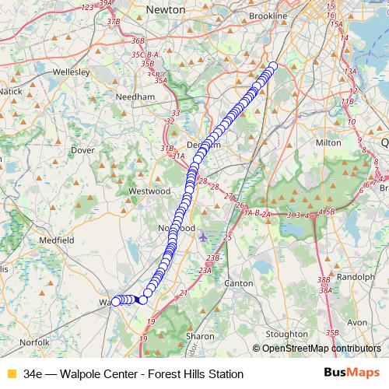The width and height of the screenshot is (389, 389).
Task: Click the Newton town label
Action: (166, 10)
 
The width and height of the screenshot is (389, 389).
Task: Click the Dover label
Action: (82, 149)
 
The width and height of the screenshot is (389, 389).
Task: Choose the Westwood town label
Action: (149, 191)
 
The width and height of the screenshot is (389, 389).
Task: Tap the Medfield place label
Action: (57, 240)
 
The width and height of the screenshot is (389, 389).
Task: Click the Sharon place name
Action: (200, 336)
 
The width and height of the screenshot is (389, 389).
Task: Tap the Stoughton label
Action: (286, 335)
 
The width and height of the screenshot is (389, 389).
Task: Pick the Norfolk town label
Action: (35, 342)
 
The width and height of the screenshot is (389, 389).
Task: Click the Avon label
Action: (356, 321)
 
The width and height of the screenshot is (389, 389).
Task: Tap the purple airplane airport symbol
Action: (204, 237)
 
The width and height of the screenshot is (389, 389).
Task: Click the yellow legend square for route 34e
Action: (11, 374)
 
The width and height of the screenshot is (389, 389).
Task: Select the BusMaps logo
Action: (352, 373)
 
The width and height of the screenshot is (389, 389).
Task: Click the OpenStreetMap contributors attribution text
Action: (321, 348)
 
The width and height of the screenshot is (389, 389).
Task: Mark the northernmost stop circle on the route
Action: (273, 66)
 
